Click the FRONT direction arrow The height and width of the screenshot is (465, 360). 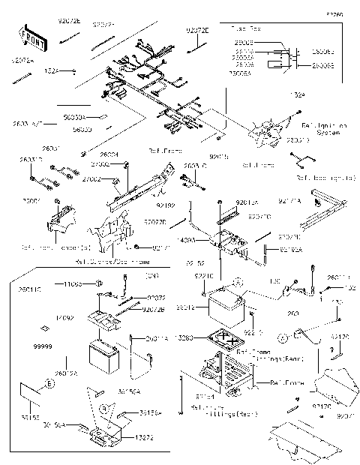click(30, 35)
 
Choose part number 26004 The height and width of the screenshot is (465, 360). click(109, 154)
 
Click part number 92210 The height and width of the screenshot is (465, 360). click(256, 331)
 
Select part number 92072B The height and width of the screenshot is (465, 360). click(152, 309)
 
